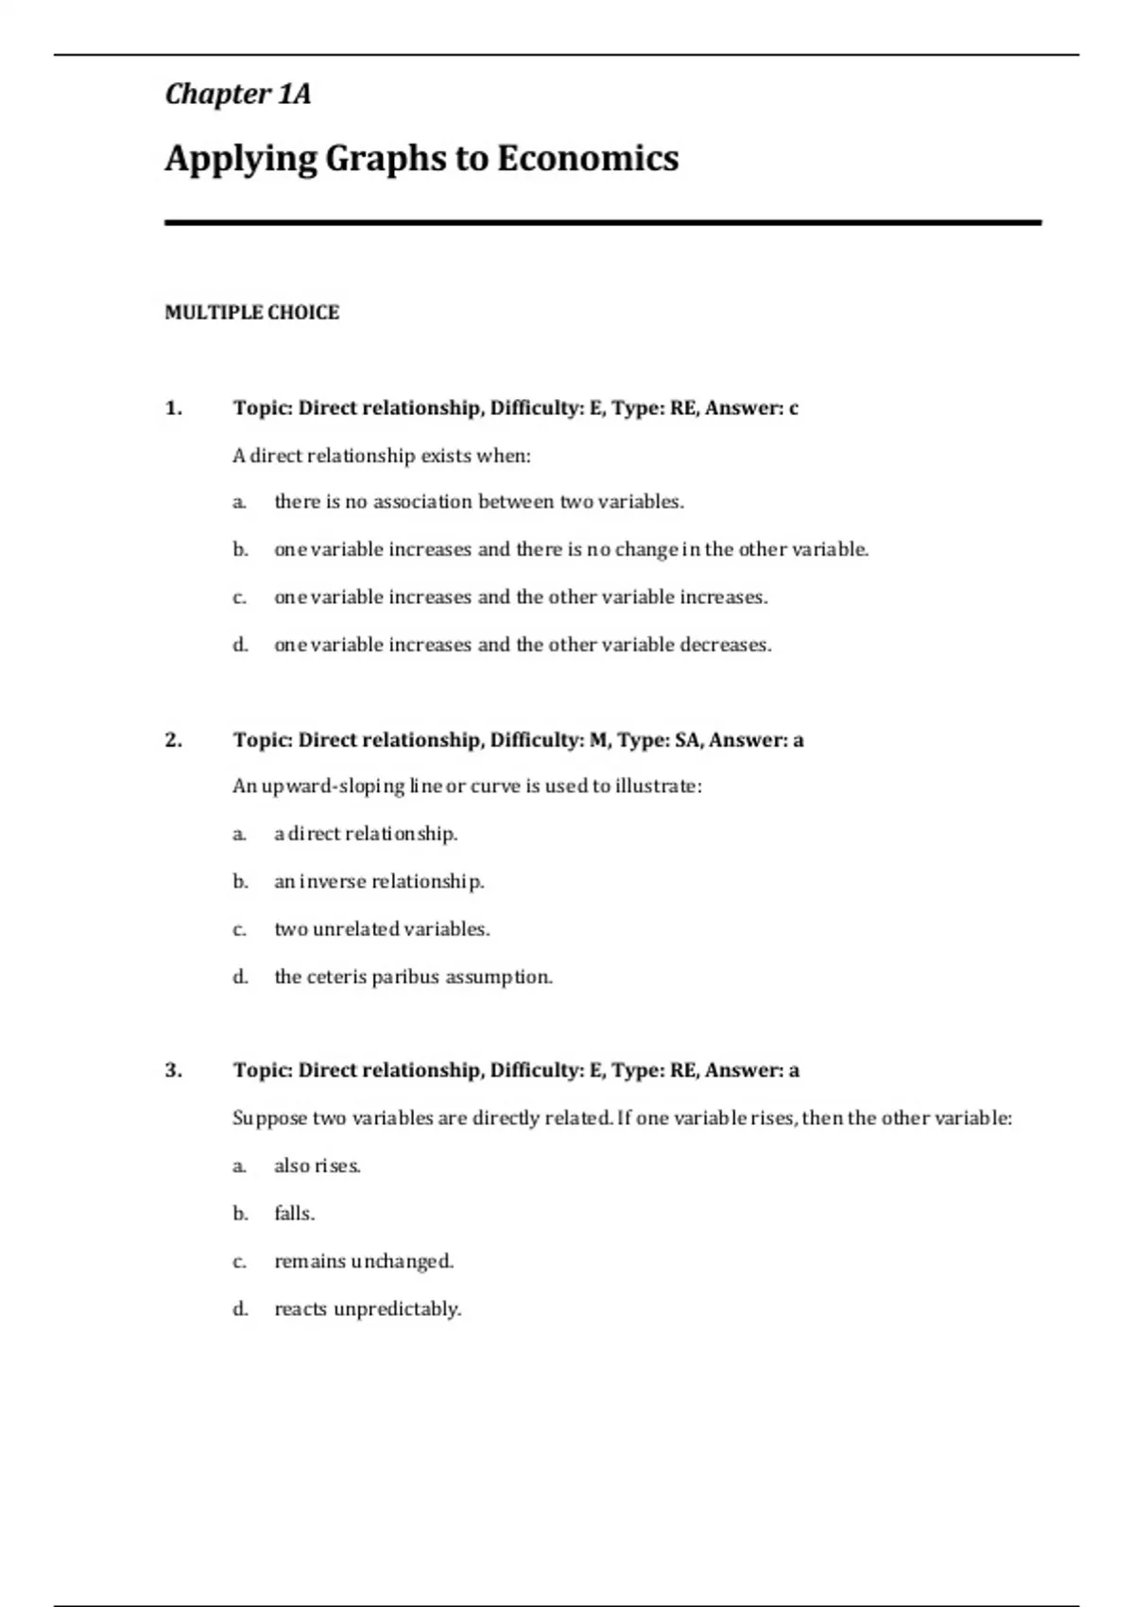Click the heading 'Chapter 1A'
click(x=237, y=94)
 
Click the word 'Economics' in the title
click(x=587, y=158)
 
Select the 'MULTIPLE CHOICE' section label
click(x=251, y=313)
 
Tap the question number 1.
click(x=173, y=408)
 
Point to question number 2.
click(x=173, y=740)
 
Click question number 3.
click(x=173, y=1071)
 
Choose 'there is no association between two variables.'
click(x=478, y=502)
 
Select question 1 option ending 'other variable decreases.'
click(x=523, y=645)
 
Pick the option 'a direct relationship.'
click(x=366, y=834)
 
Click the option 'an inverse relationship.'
click(x=379, y=882)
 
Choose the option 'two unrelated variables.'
click(x=382, y=929)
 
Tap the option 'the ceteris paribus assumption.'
click(x=413, y=976)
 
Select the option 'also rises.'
click(x=318, y=1166)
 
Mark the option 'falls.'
click(x=294, y=1214)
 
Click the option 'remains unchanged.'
click(x=364, y=1261)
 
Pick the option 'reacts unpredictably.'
click(x=368, y=1309)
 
